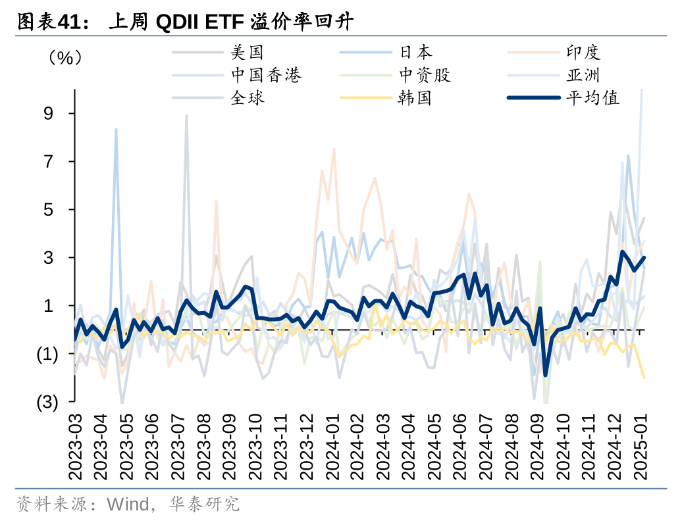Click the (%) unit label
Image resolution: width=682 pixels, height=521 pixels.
(64, 58)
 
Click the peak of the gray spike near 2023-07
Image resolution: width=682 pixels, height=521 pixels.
(186, 116)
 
